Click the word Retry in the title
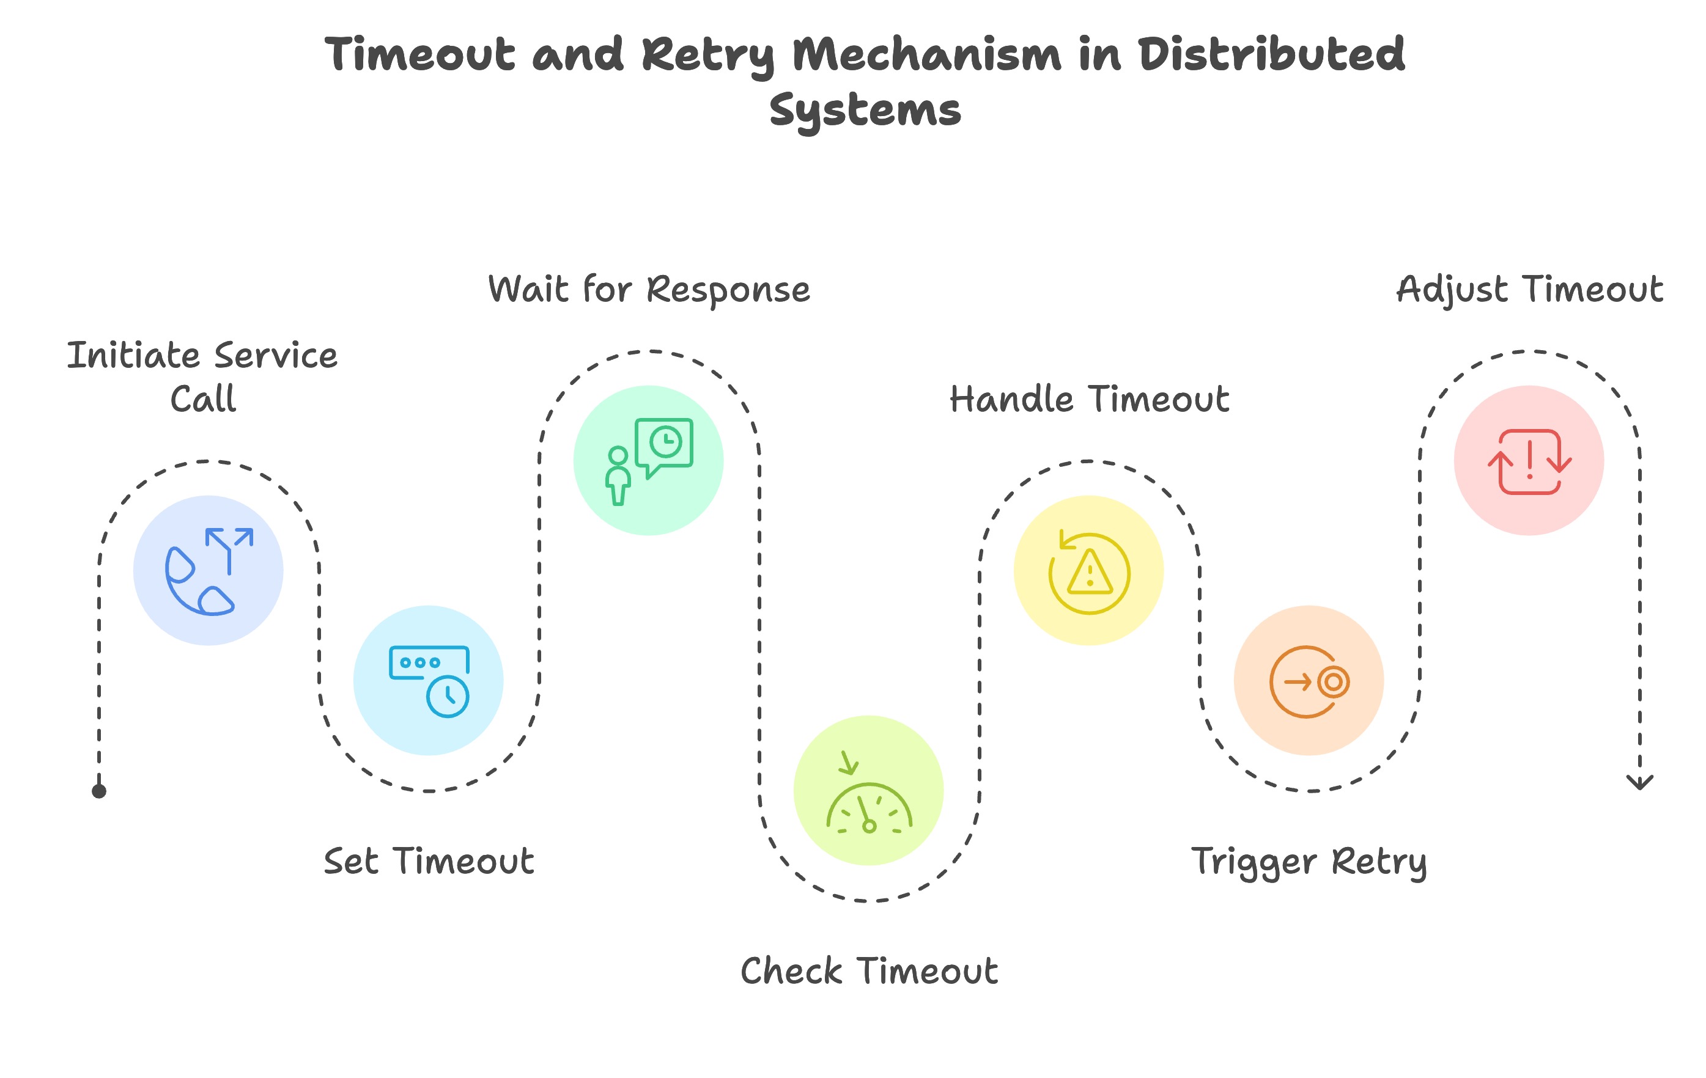click(x=709, y=55)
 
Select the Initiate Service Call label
click(x=202, y=377)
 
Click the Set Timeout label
click(x=429, y=861)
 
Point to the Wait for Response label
click(x=649, y=290)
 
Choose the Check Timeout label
click(x=870, y=971)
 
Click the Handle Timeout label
click(x=1090, y=400)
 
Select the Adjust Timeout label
click(x=1529, y=290)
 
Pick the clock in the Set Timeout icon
click(x=448, y=696)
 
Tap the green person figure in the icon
click(x=618, y=476)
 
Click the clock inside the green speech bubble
click(x=666, y=442)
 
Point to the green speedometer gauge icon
click(x=870, y=809)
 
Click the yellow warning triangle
click(x=1090, y=571)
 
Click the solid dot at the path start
click(x=99, y=791)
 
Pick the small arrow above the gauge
click(x=848, y=763)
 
